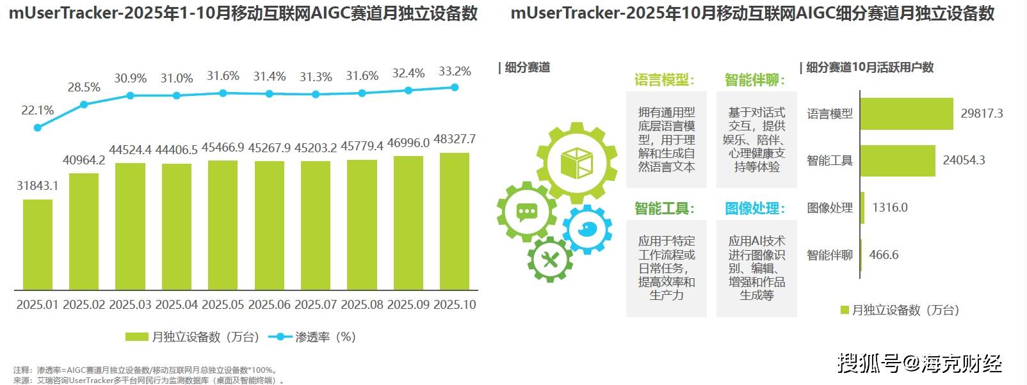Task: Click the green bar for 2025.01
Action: pyautogui.click(x=38, y=245)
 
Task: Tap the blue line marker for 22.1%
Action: pyautogui.click(x=38, y=127)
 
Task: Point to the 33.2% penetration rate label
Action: pyautogui.click(x=455, y=72)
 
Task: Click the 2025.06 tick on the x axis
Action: pyautogui.click(x=270, y=305)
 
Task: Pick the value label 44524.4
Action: pyautogui.click(x=130, y=150)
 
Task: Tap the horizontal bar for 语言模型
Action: pyautogui.click(x=907, y=114)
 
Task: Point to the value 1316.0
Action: pyautogui.click(x=890, y=208)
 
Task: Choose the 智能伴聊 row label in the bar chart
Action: pyautogui.click(x=830, y=255)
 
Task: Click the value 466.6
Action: pyautogui.click(x=884, y=255)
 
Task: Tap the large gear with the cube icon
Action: pyautogui.click(x=574, y=162)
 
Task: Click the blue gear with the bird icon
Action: pyautogui.click(x=586, y=228)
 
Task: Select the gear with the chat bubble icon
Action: pyautogui.click(x=526, y=212)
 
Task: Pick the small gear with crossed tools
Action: pyautogui.click(x=549, y=259)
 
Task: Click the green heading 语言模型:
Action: pyautogui.click(x=665, y=80)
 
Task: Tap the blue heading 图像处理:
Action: pyautogui.click(x=755, y=208)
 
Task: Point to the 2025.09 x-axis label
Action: pyautogui.click(x=408, y=305)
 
